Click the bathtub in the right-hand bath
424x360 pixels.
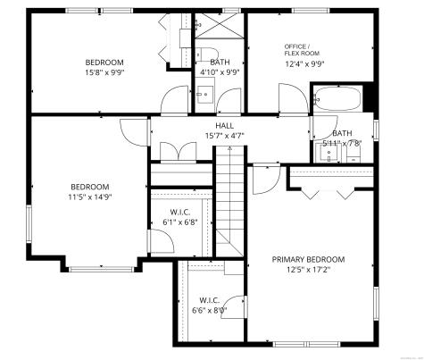click(338, 97)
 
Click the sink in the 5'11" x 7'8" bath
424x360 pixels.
click(329, 152)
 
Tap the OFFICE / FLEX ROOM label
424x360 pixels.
click(297, 49)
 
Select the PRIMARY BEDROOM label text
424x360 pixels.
click(308, 259)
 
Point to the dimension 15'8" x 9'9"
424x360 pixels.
click(104, 72)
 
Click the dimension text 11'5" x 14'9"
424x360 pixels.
click(89, 197)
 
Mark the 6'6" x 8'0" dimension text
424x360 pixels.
click(209, 310)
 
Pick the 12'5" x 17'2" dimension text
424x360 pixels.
click(308, 270)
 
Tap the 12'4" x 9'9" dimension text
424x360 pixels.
click(304, 63)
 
